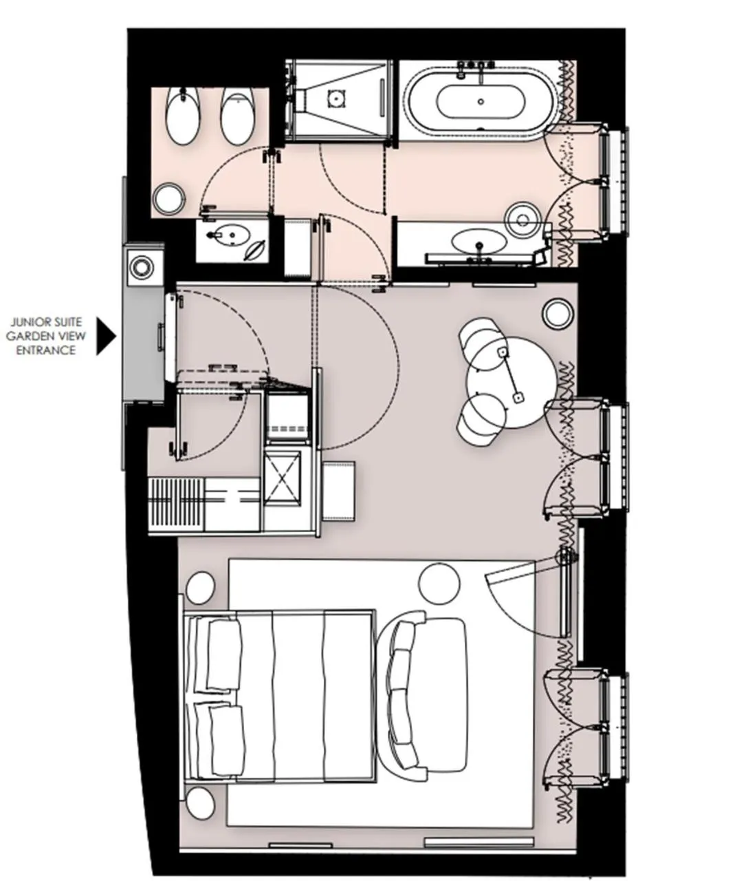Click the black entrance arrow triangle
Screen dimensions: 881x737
(x=105, y=336)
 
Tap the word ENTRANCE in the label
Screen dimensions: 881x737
(x=45, y=350)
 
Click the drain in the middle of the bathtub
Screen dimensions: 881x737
(x=481, y=102)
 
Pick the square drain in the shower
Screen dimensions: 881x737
(x=335, y=98)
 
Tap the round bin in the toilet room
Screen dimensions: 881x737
(x=168, y=199)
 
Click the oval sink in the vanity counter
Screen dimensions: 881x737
(x=479, y=242)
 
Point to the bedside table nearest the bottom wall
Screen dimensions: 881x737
(x=200, y=803)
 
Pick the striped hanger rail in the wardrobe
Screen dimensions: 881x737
(x=177, y=504)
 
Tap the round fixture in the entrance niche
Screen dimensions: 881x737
(x=142, y=266)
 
